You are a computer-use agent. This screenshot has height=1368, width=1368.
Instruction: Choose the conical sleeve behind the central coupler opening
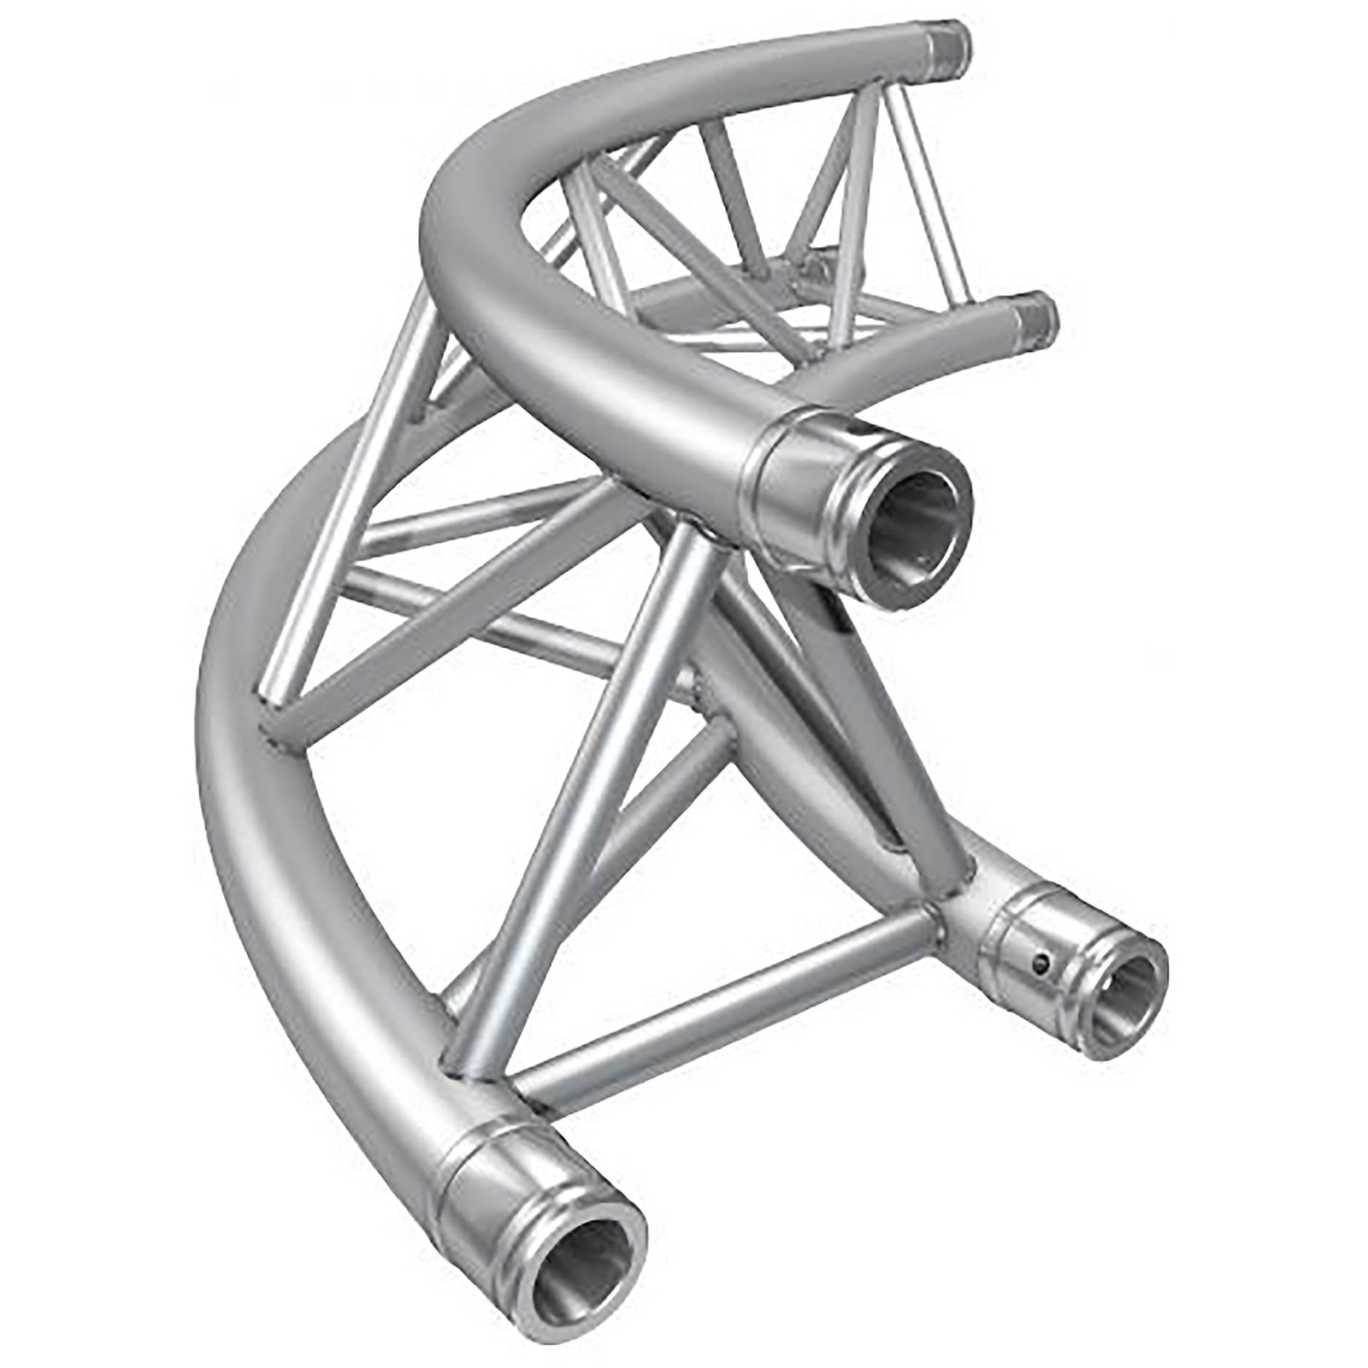pos(791,496)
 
